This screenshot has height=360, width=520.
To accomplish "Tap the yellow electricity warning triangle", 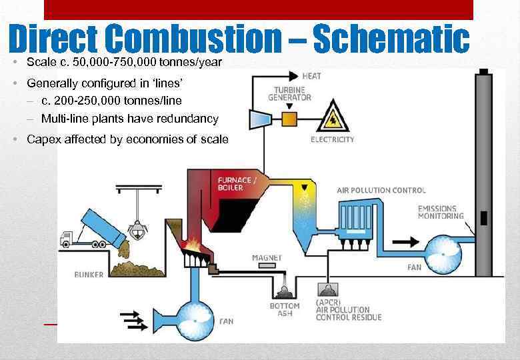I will pyautogui.click(x=331, y=118).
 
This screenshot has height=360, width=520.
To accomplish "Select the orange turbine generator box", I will pyautogui.click(x=289, y=119).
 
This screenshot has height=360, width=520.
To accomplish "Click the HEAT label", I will pyautogui.click(x=312, y=76).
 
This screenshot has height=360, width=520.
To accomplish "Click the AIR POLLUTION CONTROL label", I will pyautogui.click(x=381, y=191).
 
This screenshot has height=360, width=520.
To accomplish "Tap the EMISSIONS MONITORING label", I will pyautogui.click(x=440, y=212).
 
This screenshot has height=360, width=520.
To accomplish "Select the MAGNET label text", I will pyautogui.click(x=267, y=257).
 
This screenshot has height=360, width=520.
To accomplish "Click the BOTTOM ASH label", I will pyautogui.click(x=285, y=309).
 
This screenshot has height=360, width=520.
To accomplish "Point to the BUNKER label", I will pyautogui.click(x=89, y=275).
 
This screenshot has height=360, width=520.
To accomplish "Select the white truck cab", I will pyautogui.click(x=67, y=239).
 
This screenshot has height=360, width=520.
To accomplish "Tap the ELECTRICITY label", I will pyautogui.click(x=332, y=140).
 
